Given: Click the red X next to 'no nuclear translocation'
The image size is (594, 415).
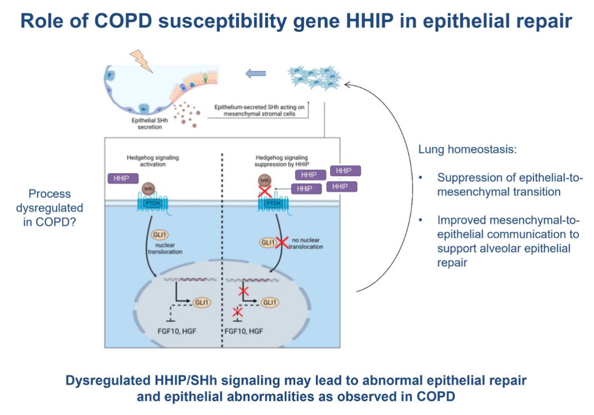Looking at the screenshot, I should pyautogui.click(x=282, y=242).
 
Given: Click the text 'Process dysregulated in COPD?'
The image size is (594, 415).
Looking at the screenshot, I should pyautogui.click(x=49, y=207).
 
